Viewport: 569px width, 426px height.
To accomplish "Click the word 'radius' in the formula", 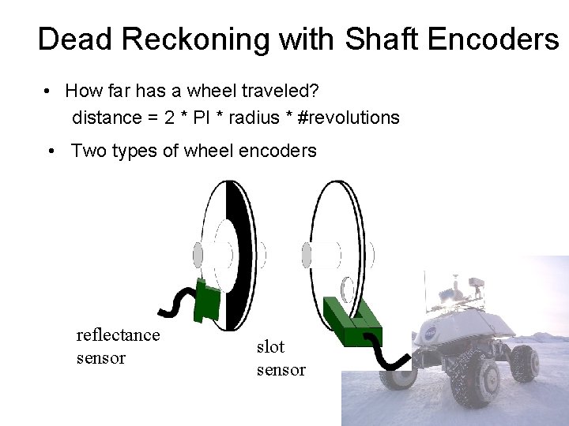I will (x=254, y=118).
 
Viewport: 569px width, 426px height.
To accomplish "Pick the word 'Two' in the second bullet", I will (x=89, y=151).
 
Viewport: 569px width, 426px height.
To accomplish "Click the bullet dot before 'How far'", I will (x=49, y=92).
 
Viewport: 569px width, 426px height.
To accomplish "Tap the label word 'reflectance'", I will (x=118, y=335).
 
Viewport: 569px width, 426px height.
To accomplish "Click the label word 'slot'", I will (x=270, y=346).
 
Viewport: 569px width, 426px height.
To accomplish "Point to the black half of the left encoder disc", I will (x=239, y=252).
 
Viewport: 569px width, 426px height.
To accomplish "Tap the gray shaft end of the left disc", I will (x=198, y=255).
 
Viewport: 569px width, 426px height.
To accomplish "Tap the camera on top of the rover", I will (x=475, y=282).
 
